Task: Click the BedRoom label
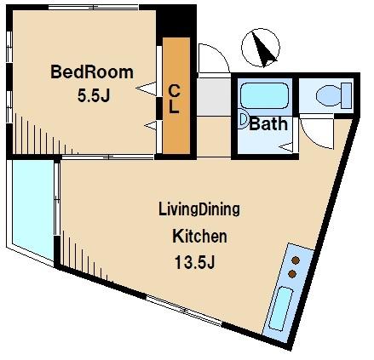tap(92, 72)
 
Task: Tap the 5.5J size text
tap(94, 95)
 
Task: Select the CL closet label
tap(174, 99)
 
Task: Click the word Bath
tap(268, 123)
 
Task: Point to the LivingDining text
tap(199, 209)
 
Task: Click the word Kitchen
tap(200, 236)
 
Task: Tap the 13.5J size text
tap(194, 262)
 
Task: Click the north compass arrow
tap(263, 49)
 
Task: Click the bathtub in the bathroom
tap(264, 95)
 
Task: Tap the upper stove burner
tap(296, 260)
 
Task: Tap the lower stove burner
tap(292, 274)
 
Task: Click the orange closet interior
tap(176, 96)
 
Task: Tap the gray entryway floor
tap(214, 97)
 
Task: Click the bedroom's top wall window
tap(94, 8)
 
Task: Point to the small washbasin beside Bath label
tap(244, 120)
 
